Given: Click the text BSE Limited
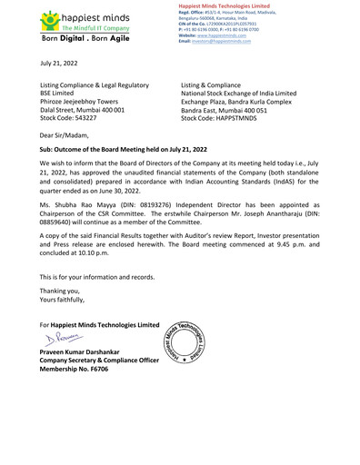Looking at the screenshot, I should pos(62,93).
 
